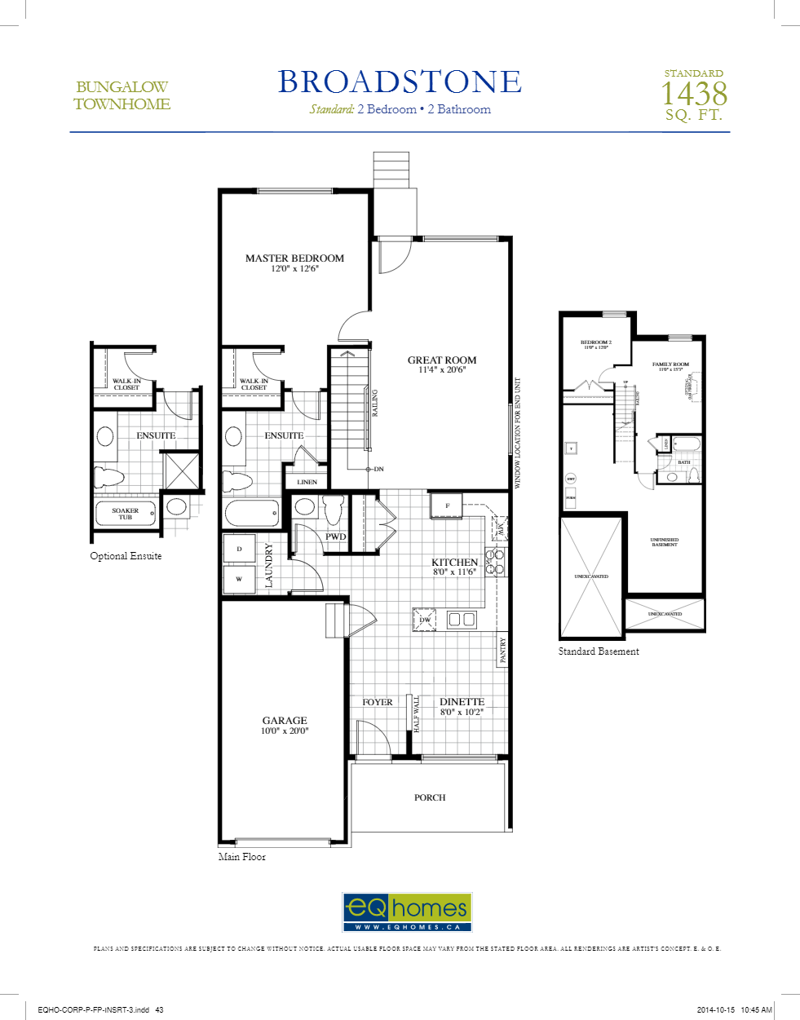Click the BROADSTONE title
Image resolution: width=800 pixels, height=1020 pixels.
click(x=400, y=82)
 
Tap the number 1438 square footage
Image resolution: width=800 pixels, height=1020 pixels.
click(x=693, y=94)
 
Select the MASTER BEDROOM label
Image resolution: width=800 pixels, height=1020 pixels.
click(x=294, y=258)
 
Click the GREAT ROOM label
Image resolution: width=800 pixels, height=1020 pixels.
click(x=442, y=360)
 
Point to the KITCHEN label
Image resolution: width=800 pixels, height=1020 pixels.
click(x=454, y=563)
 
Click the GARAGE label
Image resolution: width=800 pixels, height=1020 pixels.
click(x=285, y=721)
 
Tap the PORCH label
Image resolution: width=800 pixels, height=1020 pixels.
click(x=430, y=797)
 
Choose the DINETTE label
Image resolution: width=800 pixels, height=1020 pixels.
click(x=462, y=702)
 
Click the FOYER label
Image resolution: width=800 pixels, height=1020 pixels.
click(x=378, y=702)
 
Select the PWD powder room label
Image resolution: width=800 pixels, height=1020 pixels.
click(x=336, y=536)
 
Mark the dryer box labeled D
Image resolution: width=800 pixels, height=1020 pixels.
click(x=239, y=549)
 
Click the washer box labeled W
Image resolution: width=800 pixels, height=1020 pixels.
click(x=239, y=579)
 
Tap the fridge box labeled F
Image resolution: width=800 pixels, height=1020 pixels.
click(x=446, y=506)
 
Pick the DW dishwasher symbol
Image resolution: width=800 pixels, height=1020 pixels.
click(x=425, y=620)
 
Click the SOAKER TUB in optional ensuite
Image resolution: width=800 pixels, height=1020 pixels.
click(x=126, y=514)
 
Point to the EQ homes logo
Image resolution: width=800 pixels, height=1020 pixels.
click(x=407, y=912)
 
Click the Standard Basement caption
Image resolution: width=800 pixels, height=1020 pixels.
click(x=599, y=651)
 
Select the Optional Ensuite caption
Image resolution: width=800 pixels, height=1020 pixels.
click(x=126, y=556)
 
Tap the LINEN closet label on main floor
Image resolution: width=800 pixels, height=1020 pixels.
click(x=307, y=482)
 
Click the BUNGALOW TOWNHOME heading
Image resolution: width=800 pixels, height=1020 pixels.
click(x=122, y=95)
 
